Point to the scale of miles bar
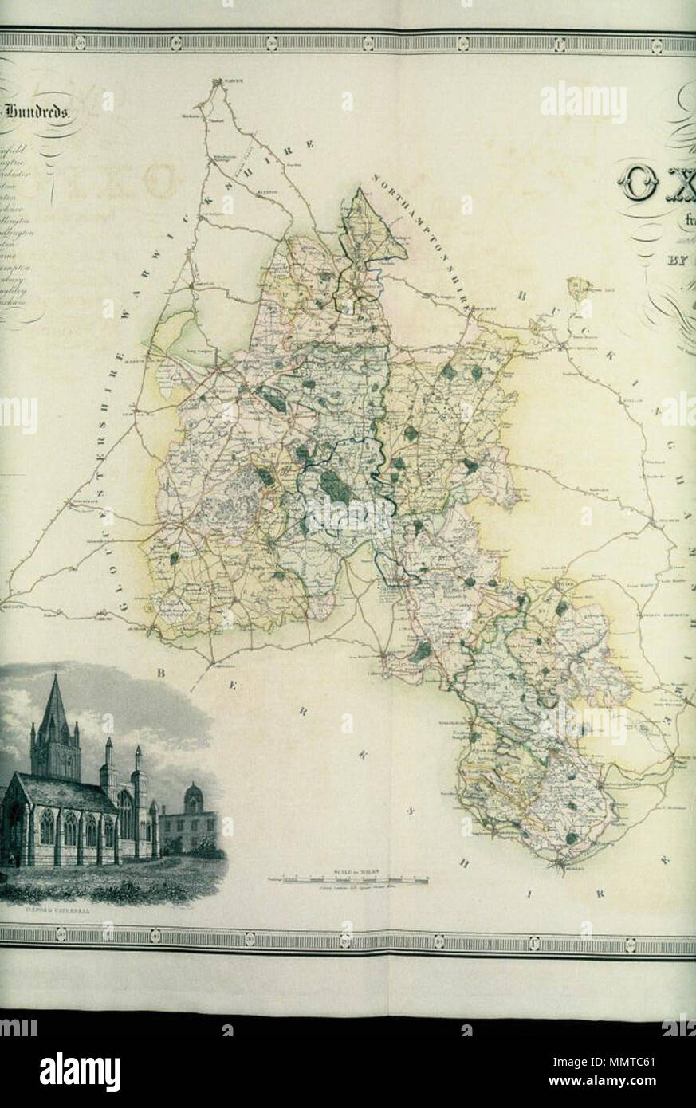point(348,880)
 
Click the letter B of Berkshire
point(160,674)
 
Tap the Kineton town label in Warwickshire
point(266,193)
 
